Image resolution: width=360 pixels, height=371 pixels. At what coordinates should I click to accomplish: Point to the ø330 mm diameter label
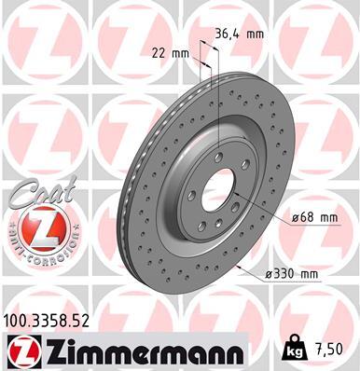tap(291, 273)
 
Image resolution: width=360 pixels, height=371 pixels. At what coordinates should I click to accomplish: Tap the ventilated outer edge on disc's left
tap(130, 186)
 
